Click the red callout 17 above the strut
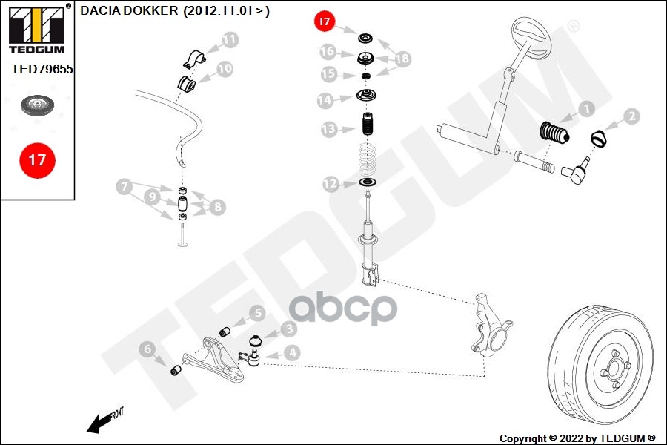pos(324,22)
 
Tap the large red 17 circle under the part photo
pos(37,159)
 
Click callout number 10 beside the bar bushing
pos(224,69)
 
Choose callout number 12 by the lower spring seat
pos(331,183)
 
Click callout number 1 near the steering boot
pos(585,109)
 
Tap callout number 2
pos(631,116)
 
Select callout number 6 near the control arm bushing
pos(147,348)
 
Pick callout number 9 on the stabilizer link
pos(153,198)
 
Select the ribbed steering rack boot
pos(553,136)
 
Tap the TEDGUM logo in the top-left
pos(37,28)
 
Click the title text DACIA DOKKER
pos(129,11)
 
